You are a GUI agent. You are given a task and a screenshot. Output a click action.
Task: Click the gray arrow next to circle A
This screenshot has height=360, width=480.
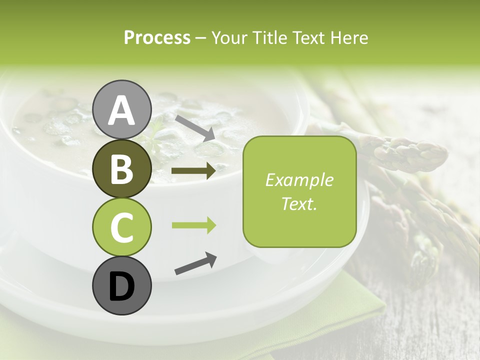coord(194,127)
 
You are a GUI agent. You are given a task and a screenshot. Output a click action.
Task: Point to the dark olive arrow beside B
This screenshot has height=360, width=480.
coord(193,170)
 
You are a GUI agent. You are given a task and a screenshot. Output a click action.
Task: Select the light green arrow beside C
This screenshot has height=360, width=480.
coord(193,225)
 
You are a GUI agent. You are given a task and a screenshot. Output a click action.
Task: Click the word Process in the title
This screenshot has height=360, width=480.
coord(157,37)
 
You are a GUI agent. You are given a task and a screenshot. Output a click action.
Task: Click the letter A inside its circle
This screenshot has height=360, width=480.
coord(121,111)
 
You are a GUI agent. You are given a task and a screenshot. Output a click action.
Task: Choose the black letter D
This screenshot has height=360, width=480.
coord(121,287)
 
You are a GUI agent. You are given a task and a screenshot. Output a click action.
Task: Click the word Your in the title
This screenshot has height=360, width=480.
coord(228,37)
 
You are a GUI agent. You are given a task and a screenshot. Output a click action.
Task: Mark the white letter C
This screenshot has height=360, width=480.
coord(121,228)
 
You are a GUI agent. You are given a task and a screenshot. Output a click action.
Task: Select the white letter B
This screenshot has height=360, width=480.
coord(121,170)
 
